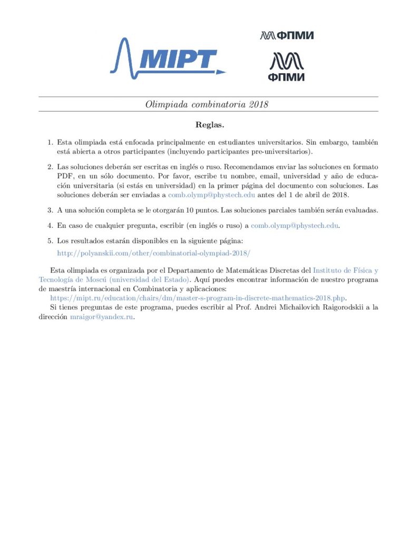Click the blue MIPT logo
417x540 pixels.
(x=168, y=57)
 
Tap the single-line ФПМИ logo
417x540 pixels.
(x=287, y=36)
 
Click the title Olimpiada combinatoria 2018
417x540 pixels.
(x=207, y=104)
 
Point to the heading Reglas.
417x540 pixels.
(x=209, y=125)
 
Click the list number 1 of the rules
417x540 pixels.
(x=50, y=143)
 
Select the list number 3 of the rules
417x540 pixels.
(x=50, y=210)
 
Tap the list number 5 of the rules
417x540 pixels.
(x=50, y=241)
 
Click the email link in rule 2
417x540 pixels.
(x=211, y=195)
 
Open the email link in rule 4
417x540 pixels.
(x=294, y=226)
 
